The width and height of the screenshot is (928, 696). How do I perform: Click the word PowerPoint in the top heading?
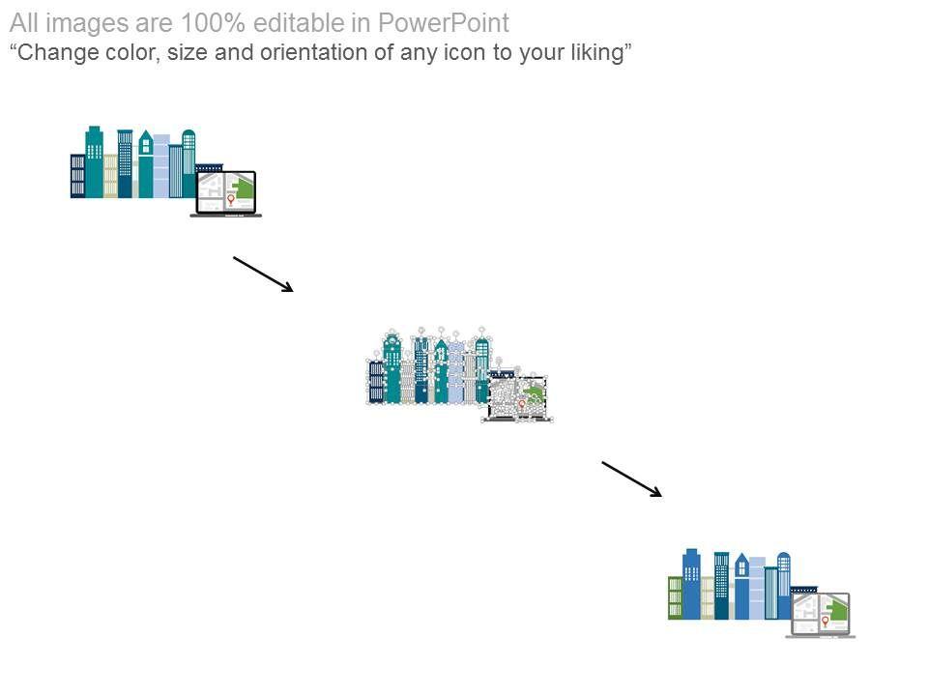tap(449, 23)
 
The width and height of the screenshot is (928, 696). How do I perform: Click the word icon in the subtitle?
tap(462, 52)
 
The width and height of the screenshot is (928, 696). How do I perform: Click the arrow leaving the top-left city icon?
tap(263, 274)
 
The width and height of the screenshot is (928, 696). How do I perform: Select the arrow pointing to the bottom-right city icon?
tap(632, 479)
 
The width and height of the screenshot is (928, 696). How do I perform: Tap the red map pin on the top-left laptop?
tap(231, 200)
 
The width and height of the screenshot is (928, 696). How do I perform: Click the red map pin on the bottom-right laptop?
tap(825, 622)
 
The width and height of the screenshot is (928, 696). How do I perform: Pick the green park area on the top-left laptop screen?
tap(245, 188)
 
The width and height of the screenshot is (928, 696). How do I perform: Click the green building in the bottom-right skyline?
tap(676, 597)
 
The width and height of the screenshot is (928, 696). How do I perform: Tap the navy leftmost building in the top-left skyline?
tap(77, 176)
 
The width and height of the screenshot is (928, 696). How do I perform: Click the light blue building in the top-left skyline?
tap(161, 165)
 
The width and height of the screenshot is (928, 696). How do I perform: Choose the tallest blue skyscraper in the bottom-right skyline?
tap(691, 584)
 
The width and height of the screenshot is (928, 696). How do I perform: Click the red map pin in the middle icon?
tap(522, 404)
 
